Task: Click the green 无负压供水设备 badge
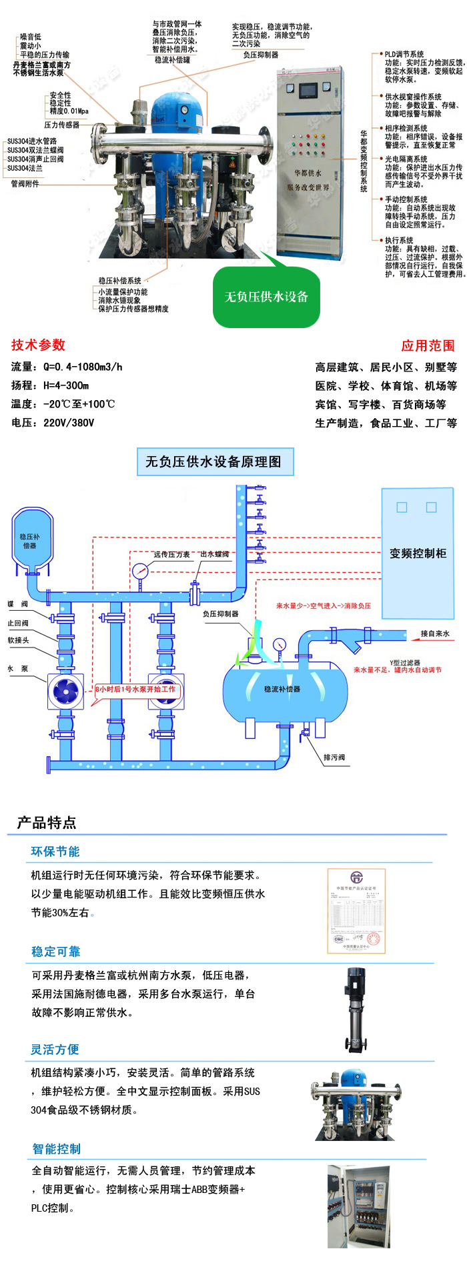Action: (266, 297)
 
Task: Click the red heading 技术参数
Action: (38, 345)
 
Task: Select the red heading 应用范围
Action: (428, 345)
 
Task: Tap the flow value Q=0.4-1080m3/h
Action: (83, 367)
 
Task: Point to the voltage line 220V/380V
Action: (69, 423)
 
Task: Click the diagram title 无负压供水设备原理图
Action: (213, 461)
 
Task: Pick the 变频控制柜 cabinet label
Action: (418, 553)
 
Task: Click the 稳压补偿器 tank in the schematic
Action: (29, 541)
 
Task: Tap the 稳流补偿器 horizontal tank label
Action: (282, 689)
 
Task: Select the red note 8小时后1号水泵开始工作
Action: (135, 689)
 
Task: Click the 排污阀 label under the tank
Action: (334, 758)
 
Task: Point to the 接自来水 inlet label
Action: (435, 634)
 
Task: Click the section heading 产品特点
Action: (47, 822)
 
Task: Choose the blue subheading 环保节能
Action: (55, 852)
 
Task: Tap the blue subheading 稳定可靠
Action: (55, 952)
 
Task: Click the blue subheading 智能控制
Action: (56, 1149)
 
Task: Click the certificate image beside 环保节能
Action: (356, 908)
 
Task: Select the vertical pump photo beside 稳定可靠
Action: (354, 1010)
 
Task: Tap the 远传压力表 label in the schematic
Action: (171, 554)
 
